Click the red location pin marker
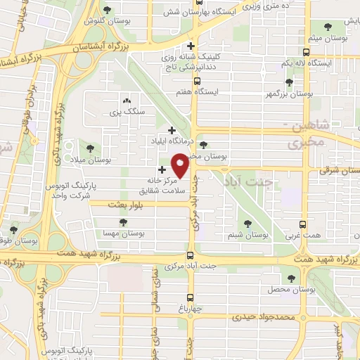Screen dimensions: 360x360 point(181,165)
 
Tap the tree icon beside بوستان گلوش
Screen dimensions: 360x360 point(107,10)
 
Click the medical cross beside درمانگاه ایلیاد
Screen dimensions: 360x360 point(172,129)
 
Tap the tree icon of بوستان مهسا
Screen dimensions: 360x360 point(123,221)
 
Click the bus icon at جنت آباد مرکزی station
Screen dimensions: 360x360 point(190,256)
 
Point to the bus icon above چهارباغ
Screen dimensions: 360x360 point(190,297)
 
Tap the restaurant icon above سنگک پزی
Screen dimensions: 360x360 point(126,101)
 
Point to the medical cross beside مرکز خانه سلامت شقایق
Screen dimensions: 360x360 point(162,169)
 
